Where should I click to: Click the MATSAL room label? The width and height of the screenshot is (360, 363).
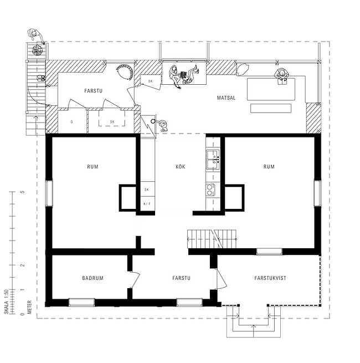226,98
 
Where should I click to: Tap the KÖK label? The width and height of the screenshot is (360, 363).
180,166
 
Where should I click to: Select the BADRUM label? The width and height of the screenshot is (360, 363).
92,278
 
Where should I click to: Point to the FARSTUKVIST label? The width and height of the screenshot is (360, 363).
270,278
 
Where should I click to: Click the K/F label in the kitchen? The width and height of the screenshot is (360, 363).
147,204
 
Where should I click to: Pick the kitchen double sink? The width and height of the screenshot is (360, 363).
213,160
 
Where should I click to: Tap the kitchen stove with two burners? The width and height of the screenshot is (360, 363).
210,190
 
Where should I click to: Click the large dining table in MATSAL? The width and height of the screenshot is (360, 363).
271,89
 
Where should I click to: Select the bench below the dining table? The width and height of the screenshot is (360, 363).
271,108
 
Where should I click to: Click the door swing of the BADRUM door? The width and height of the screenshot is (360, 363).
136,280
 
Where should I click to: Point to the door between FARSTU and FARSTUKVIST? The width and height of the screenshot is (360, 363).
221,279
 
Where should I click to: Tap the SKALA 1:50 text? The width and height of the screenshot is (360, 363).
6,302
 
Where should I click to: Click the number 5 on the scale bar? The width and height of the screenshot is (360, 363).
23,192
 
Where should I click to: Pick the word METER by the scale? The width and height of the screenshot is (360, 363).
29,307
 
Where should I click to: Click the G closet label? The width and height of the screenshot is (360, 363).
71,121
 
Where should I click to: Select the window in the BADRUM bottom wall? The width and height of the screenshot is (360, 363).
81,303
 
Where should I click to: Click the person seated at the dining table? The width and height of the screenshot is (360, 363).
281,75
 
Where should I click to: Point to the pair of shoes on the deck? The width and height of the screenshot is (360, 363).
42,78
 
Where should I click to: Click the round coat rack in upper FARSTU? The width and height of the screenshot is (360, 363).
125,71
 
